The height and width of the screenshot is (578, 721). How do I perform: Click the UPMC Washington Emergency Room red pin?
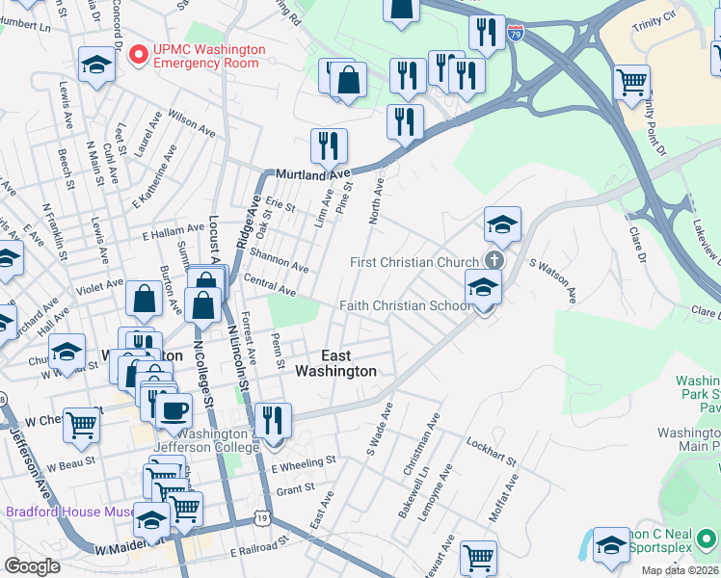coord(138,55)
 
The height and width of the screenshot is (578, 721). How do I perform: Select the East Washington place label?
coord(335,363)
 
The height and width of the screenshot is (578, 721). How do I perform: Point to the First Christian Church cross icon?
coord(494,261)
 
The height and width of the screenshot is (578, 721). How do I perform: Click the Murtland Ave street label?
coord(313,175)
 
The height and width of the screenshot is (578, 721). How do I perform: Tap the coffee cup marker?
coord(174,410)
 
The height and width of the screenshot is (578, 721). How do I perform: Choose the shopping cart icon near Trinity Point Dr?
coord(631,83)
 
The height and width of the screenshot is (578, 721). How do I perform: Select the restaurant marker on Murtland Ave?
coord(329,146)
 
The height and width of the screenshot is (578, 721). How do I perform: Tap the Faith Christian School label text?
coord(405,305)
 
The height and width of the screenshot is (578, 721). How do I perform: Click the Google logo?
coord(32,566)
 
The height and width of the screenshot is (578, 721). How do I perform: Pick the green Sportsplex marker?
coord(708,539)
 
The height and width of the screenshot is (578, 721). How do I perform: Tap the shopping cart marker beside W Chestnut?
coord(82,423)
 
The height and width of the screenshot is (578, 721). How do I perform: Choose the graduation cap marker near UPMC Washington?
coord(97,65)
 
